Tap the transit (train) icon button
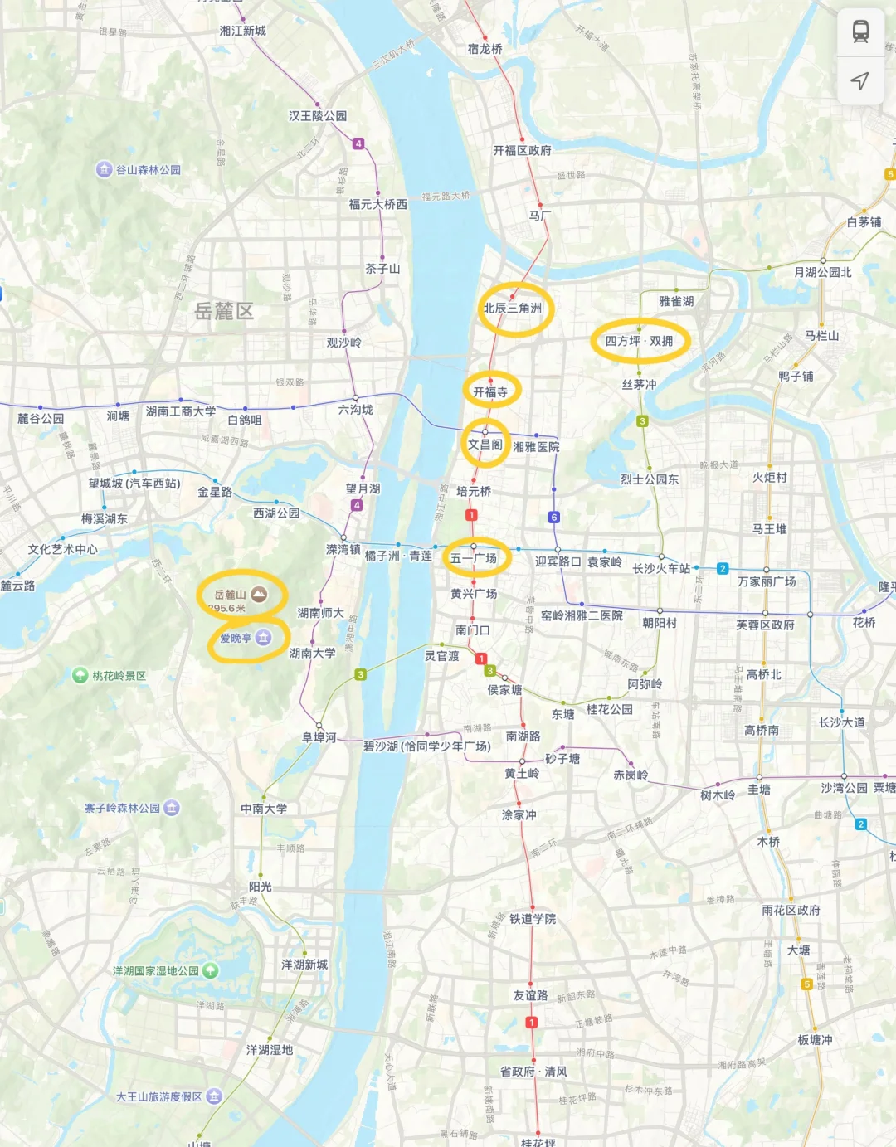tap(860, 32)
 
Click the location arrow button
tap(860, 80)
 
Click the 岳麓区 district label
tap(223, 311)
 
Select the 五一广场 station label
tap(474, 558)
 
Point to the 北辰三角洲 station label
tap(513, 308)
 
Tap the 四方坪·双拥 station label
tap(639, 341)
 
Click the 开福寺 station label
tap(490, 391)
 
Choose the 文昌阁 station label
tap(485, 444)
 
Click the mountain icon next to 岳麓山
tap(259, 594)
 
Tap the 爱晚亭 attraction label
tap(236, 638)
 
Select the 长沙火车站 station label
tap(661, 568)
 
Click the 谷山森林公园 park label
tap(148, 170)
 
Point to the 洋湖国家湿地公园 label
tap(156, 970)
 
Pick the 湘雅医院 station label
tap(536, 446)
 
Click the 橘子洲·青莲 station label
tap(398, 556)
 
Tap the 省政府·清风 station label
tap(533, 1071)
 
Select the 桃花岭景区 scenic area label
tap(119, 676)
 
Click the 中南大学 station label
tap(264, 809)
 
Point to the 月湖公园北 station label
tap(822, 272)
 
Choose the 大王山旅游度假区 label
tap(159, 1096)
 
